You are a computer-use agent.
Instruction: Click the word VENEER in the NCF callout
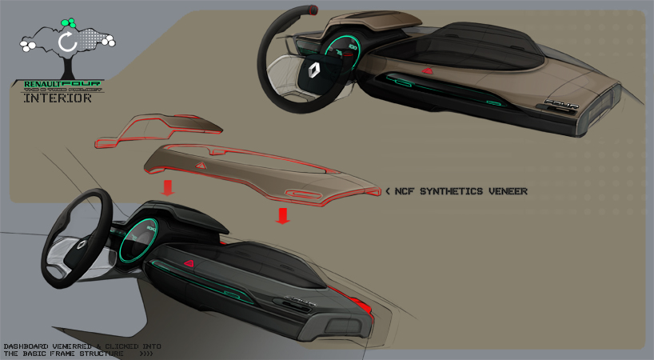(x=503, y=192)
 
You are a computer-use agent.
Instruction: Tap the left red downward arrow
(x=168, y=188)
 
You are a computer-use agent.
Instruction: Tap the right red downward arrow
(x=281, y=215)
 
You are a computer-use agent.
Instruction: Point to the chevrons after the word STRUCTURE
(x=146, y=353)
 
